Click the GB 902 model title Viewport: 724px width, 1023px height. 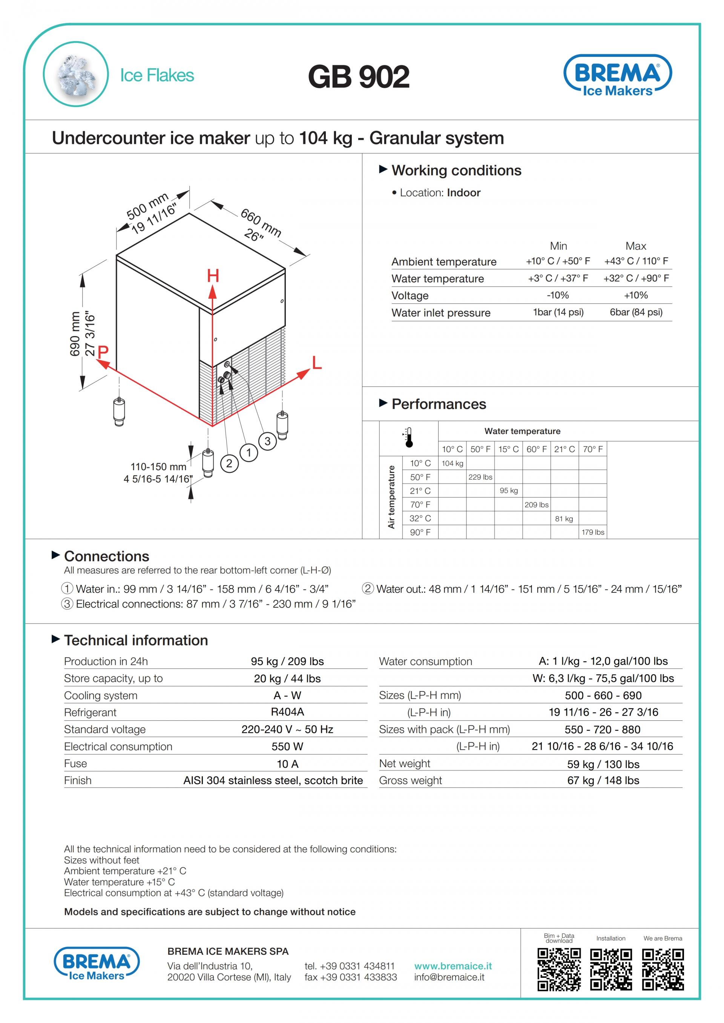click(x=359, y=76)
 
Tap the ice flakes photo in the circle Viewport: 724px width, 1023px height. click(x=76, y=74)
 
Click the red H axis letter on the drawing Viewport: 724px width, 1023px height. click(x=213, y=276)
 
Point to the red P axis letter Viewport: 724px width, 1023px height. click(x=103, y=352)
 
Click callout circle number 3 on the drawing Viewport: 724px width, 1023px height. click(x=267, y=441)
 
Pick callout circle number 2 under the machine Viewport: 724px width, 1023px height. click(x=229, y=463)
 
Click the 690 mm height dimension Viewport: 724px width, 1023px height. click(x=75, y=334)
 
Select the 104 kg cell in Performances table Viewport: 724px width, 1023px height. click(x=452, y=463)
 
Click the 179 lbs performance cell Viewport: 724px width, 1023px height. click(x=592, y=532)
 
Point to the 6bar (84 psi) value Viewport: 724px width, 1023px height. click(x=636, y=312)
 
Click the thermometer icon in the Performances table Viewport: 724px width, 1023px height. click(x=409, y=437)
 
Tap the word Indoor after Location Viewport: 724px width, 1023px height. click(x=464, y=193)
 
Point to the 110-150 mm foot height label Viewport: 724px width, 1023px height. click(x=158, y=466)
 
